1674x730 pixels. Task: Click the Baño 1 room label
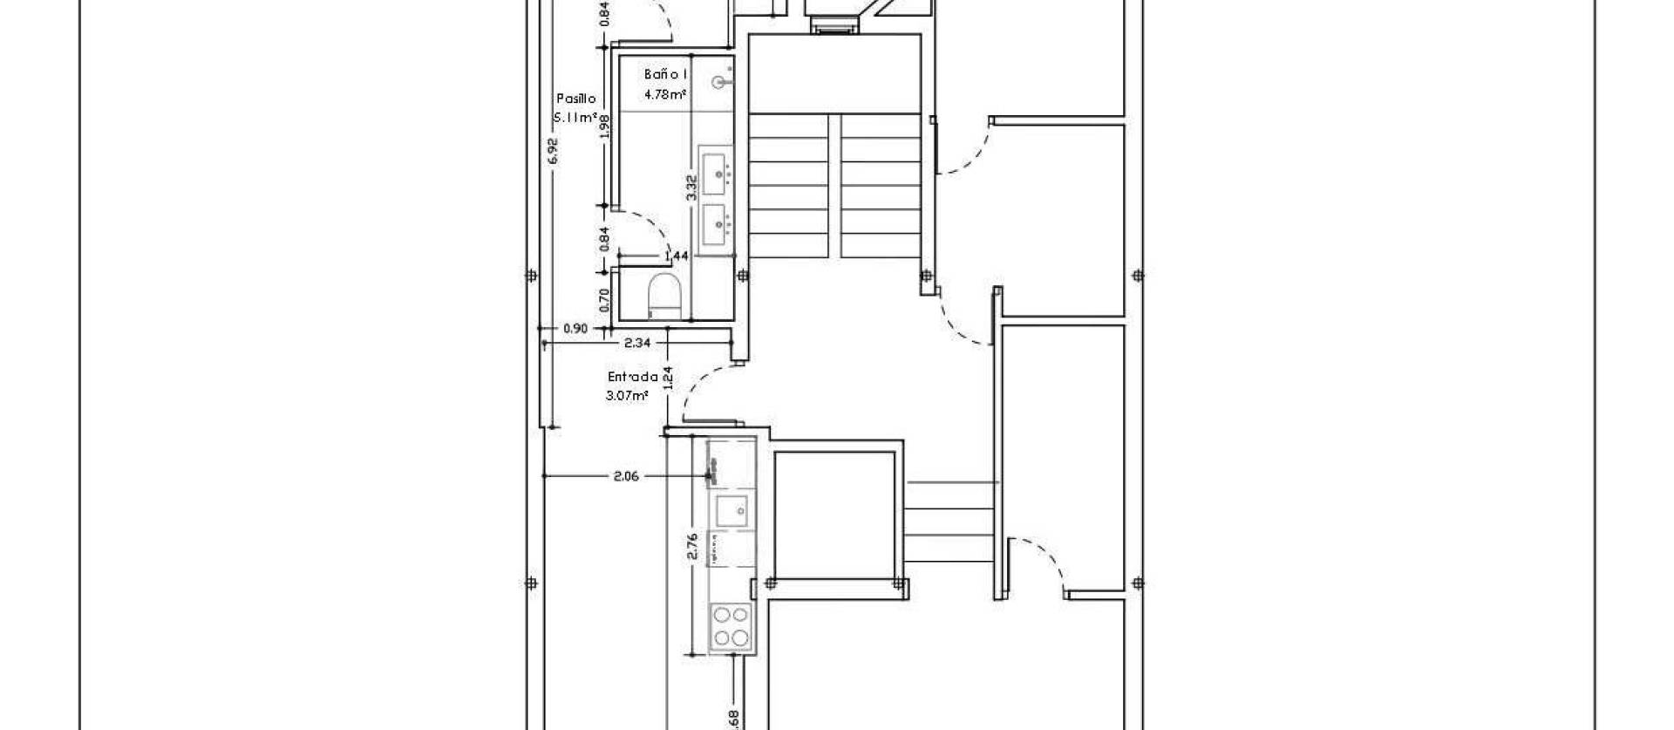(x=666, y=75)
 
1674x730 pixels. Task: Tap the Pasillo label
(x=575, y=99)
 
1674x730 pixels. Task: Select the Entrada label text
(x=632, y=378)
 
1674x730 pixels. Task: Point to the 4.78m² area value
(x=664, y=94)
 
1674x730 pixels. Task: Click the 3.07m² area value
(x=627, y=396)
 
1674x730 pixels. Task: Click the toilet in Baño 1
(x=664, y=296)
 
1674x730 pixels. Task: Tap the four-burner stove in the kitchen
(x=731, y=627)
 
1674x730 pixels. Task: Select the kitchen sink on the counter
(x=730, y=510)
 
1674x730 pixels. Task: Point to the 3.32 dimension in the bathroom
(x=691, y=188)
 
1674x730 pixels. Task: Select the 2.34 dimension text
(x=637, y=344)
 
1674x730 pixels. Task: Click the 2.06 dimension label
(x=626, y=476)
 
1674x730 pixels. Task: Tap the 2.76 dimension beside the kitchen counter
(x=692, y=546)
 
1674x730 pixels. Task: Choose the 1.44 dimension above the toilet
(x=677, y=256)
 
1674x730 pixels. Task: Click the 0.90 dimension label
(x=575, y=329)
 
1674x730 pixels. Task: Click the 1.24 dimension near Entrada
(x=668, y=377)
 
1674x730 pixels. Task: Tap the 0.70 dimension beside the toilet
(x=604, y=299)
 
